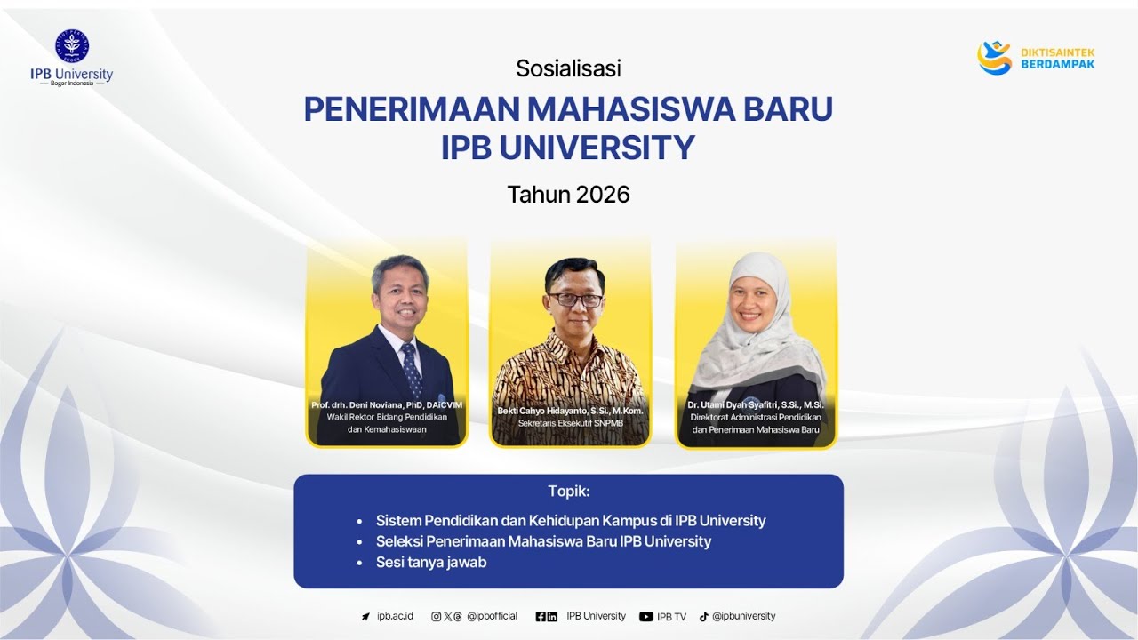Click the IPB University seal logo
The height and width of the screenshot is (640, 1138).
click(72, 45)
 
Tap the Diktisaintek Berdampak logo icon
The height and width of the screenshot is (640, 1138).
click(995, 58)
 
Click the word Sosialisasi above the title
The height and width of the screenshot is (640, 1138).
click(568, 68)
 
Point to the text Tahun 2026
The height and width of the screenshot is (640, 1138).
click(568, 195)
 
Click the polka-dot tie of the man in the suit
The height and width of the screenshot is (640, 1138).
click(411, 368)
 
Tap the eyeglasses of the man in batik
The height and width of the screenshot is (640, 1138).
click(575, 300)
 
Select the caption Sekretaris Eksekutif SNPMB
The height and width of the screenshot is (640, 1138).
click(570, 423)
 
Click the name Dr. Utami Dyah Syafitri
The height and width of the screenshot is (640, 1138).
click(755, 405)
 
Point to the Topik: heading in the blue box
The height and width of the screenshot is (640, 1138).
click(568, 491)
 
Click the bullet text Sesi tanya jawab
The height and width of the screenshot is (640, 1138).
click(431, 563)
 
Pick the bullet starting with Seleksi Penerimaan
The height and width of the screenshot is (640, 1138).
click(543, 541)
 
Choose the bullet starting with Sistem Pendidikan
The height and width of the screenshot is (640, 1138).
click(570, 521)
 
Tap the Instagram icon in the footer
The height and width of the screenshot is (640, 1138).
click(436, 616)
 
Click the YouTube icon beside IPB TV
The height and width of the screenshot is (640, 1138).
click(646, 617)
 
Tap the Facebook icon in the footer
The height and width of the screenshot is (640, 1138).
click(541, 616)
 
